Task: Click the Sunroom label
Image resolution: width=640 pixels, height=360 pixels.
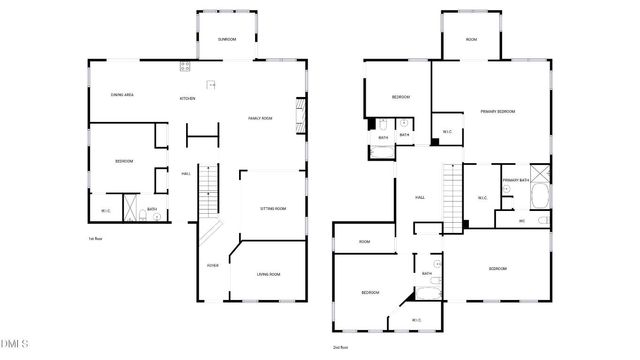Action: pyautogui.click(x=227, y=39)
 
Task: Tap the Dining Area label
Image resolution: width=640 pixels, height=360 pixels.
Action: pyautogui.click(x=123, y=94)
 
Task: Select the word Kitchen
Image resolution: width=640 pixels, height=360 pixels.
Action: pyautogui.click(x=187, y=98)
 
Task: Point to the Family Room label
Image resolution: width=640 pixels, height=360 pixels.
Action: pyautogui.click(x=261, y=118)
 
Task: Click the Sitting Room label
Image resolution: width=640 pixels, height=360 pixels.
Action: pyautogui.click(x=273, y=208)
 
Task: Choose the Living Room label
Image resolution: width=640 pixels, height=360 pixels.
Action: pyautogui.click(x=268, y=273)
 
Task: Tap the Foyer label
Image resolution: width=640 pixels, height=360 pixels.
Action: pyautogui.click(x=212, y=265)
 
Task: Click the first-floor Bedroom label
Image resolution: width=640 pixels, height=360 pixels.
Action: pyautogui.click(x=124, y=160)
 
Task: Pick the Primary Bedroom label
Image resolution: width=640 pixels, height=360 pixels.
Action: pyautogui.click(x=497, y=111)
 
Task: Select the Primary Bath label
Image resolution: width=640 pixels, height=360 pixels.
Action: pyautogui.click(x=516, y=180)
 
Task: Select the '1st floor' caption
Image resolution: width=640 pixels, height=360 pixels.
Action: pyautogui.click(x=97, y=239)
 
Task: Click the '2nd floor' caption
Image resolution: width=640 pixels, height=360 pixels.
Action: pyautogui.click(x=340, y=347)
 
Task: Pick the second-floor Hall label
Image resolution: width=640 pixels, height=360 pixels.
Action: pyautogui.click(x=421, y=197)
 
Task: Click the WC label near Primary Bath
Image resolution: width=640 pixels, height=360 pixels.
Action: pyautogui.click(x=522, y=221)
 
